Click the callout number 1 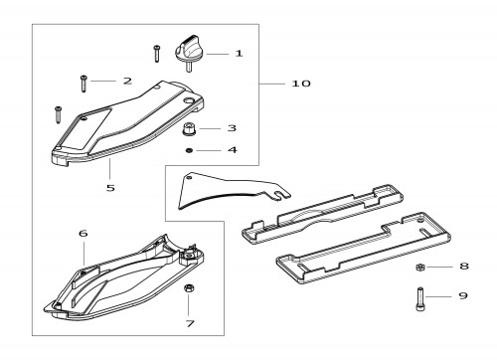point(239,54)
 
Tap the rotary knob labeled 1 point(188,53)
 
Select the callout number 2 point(127,81)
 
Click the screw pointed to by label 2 point(83,84)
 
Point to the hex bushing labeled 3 point(189,128)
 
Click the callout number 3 point(232,128)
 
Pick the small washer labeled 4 point(189,150)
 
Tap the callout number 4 point(233,150)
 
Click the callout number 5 point(110,188)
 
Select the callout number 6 point(83,234)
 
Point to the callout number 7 point(190,323)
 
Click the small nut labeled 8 point(420,267)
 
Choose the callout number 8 point(464,266)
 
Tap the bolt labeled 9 point(420,299)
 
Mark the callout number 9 point(463,295)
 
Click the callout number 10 point(301,84)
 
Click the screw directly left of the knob point(156,54)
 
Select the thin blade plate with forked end point(232,191)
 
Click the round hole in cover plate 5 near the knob point(189,100)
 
